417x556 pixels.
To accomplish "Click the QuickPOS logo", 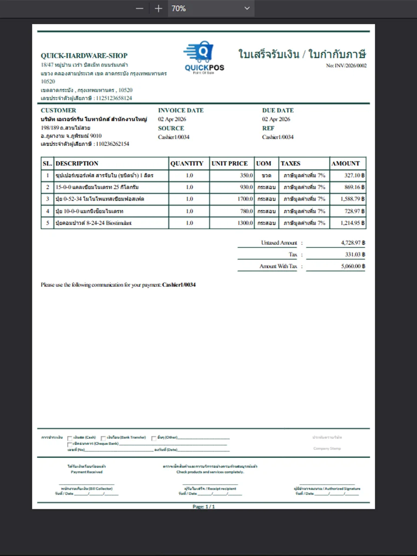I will (204, 58).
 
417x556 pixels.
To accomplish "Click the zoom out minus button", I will (139, 8).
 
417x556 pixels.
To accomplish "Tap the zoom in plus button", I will (158, 8).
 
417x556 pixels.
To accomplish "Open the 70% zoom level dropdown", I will (246, 8).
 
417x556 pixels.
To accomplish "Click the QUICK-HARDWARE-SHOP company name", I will (84, 56).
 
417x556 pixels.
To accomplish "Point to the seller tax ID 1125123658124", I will (113, 98).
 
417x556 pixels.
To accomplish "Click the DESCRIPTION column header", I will (77, 164).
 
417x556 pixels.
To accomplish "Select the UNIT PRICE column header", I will (229, 164).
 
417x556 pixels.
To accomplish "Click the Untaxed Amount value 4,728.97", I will (351, 243).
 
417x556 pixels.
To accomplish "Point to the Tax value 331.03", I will (353, 255).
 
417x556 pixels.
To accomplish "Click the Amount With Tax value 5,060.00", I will (351, 266).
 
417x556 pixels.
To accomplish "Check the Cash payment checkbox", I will (69, 438).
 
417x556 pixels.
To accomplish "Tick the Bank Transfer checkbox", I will (103, 438).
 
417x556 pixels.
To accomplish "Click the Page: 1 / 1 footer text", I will (203, 506).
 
